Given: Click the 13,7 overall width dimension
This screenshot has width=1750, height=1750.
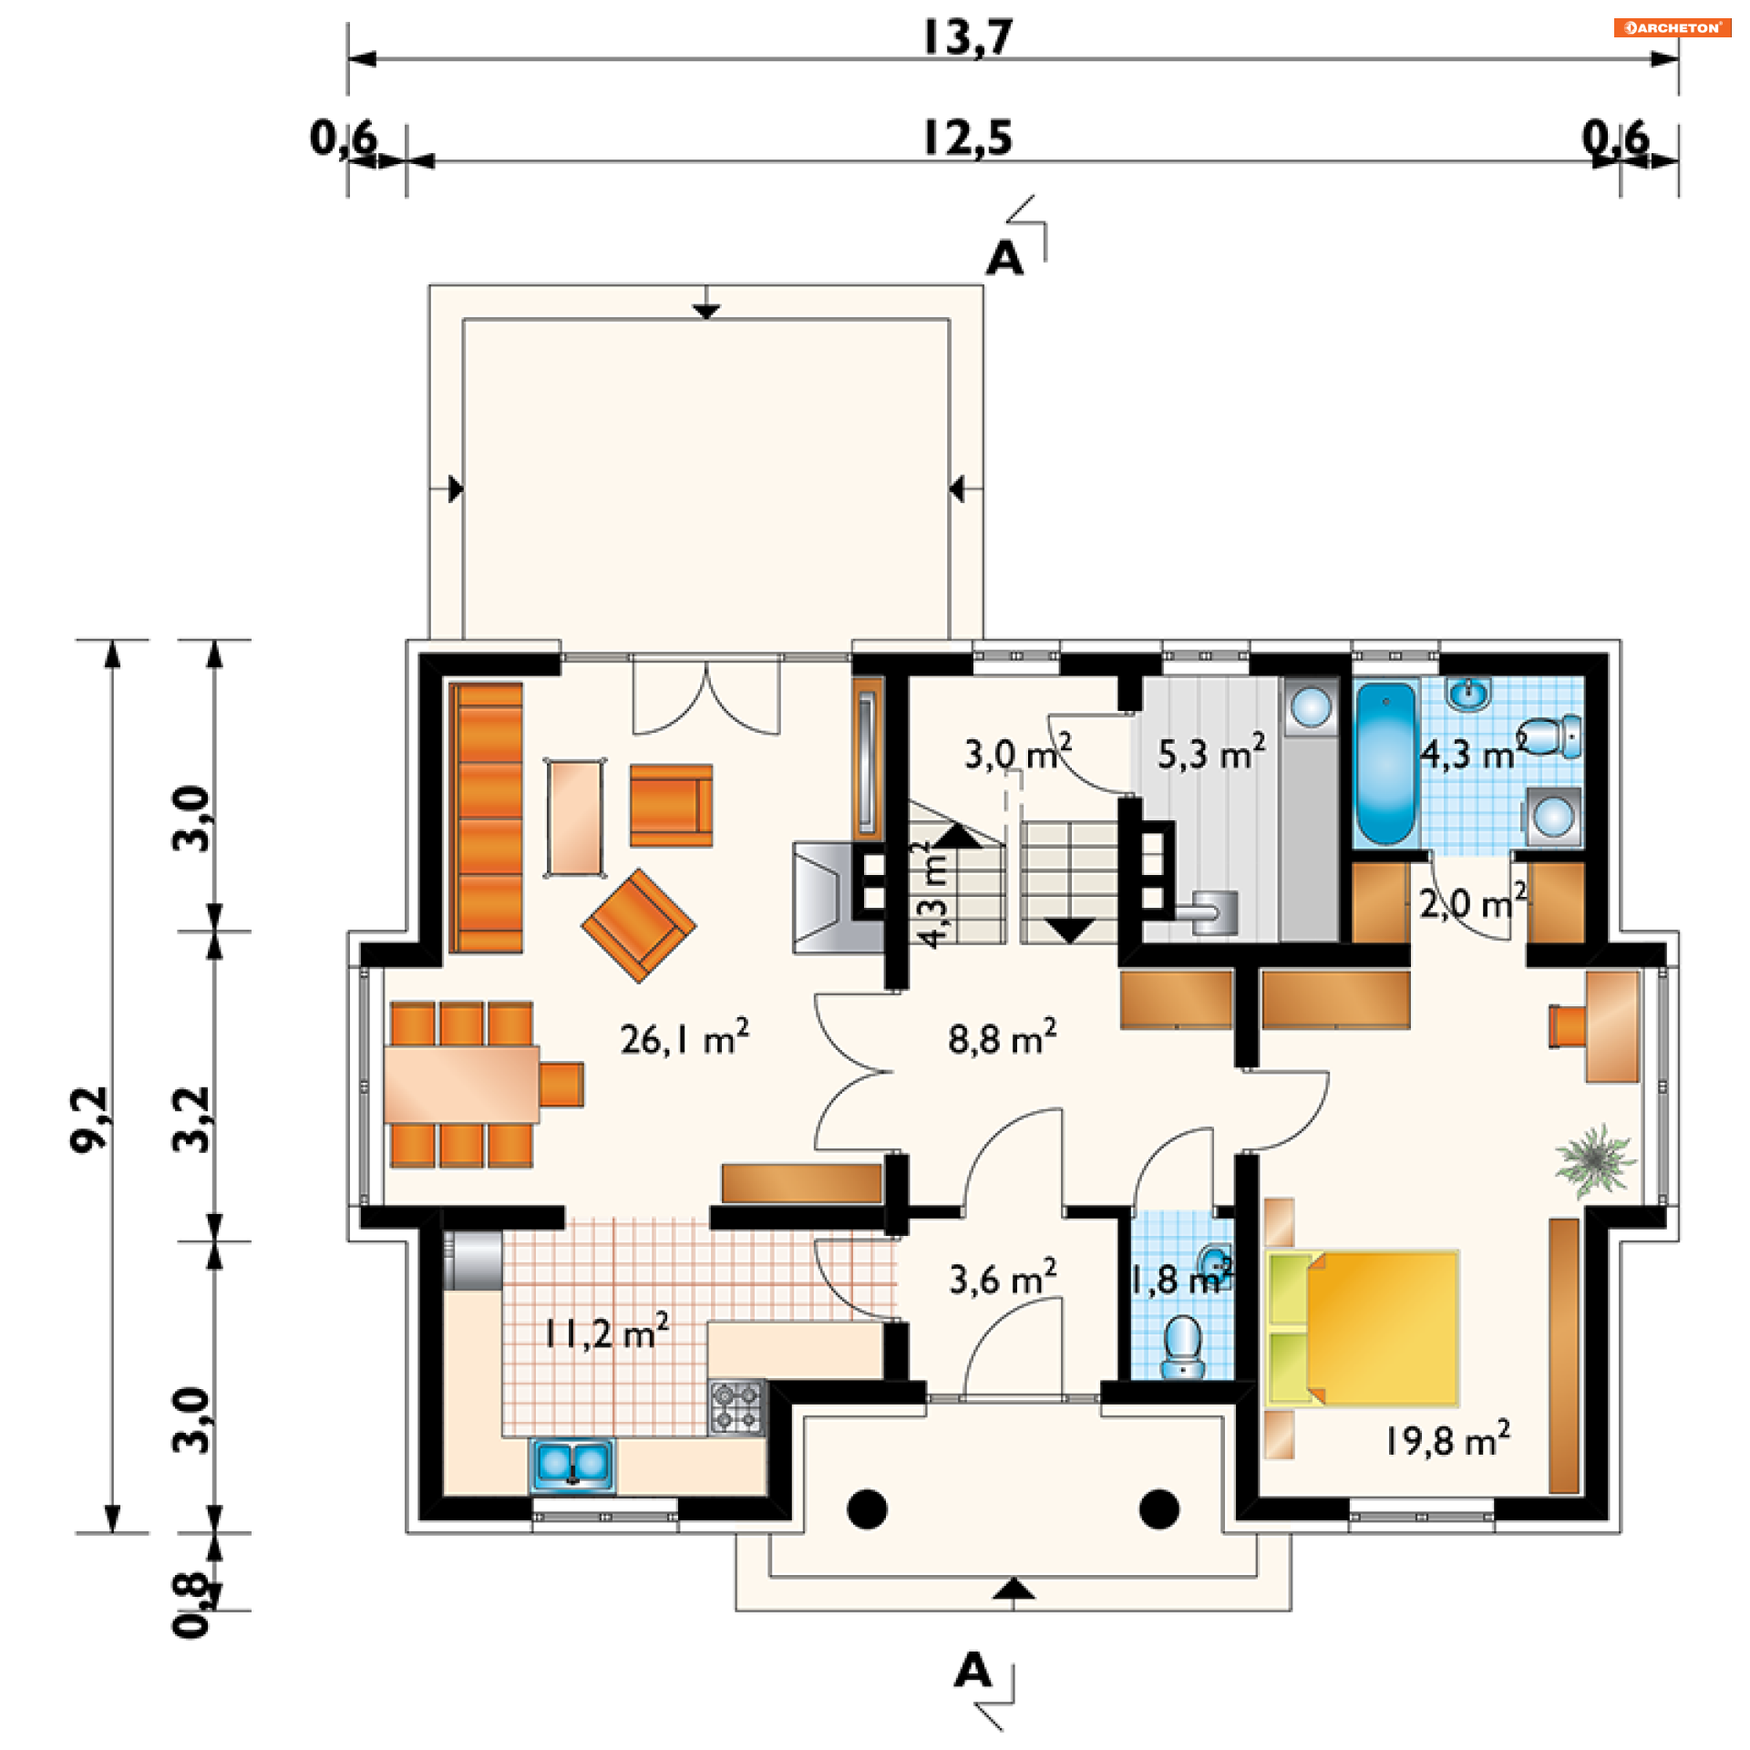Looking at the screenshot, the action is pos(968,37).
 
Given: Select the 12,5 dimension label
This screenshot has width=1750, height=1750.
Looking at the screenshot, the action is pos(968,139).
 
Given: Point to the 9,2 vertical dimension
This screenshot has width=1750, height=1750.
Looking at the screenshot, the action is pos(90,1119).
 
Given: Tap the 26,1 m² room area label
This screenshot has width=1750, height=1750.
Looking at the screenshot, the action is pos(685,1038).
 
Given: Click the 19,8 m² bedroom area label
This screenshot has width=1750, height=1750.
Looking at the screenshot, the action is pos(1447,1439).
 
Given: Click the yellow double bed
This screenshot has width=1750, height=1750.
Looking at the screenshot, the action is pos(1364,1327).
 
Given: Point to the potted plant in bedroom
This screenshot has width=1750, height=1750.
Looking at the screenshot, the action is pos(1594,1160).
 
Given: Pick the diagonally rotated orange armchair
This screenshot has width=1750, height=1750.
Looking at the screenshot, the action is pos(639,925).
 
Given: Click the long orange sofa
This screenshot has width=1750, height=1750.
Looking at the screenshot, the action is pos(488,818).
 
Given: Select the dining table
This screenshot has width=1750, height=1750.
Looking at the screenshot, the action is pos(461,1084).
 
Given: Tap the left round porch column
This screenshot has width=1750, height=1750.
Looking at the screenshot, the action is pos(867,1508).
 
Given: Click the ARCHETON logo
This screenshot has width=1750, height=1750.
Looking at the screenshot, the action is pos(1673,27).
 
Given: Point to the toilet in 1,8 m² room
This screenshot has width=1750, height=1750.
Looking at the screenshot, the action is pos(1183,1346).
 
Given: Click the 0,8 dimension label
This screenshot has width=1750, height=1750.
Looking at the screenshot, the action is pos(192,1605).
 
